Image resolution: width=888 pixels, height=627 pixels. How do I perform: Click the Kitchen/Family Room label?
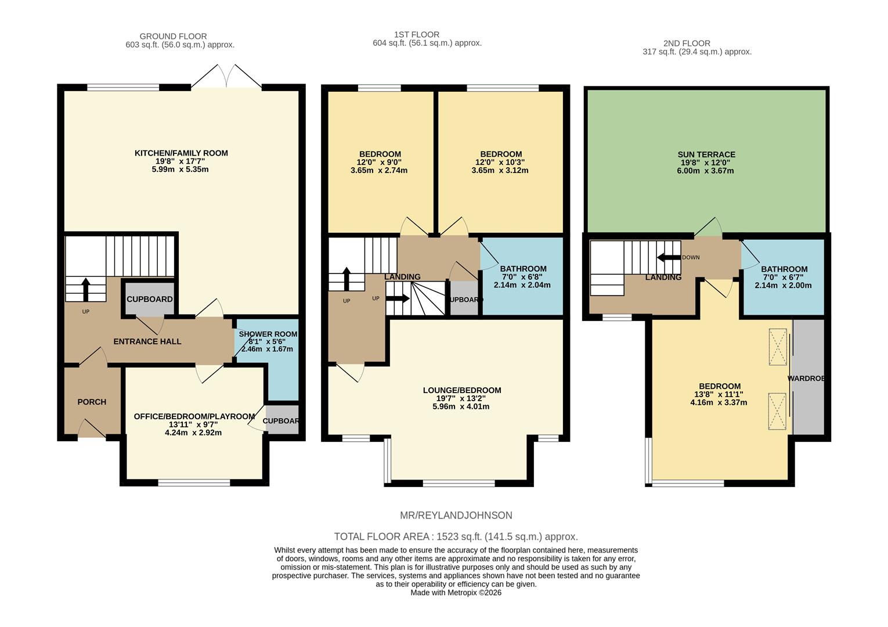click(181, 153)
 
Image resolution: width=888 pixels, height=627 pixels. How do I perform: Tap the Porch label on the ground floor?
click(92, 402)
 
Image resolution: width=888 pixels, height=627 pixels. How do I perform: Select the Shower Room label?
click(268, 334)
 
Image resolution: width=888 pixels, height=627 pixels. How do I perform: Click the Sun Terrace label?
click(706, 154)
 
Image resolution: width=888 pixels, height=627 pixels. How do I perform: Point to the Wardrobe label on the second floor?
click(806, 379)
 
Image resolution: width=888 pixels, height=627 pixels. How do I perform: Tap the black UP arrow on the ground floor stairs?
click(86, 289)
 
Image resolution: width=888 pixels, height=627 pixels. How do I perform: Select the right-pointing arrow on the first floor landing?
click(398, 299)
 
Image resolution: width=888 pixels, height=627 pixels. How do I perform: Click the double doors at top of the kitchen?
click(227, 77)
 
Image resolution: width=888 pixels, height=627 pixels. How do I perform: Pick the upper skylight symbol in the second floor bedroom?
click(778, 347)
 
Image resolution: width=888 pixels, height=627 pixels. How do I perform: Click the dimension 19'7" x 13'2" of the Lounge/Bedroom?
click(461, 398)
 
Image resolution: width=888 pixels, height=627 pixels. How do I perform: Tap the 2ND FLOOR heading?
click(687, 43)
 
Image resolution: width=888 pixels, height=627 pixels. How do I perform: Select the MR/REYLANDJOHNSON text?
click(456, 516)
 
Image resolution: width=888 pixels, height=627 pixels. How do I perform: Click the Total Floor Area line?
click(456, 536)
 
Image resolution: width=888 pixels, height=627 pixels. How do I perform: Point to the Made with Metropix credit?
click(456, 593)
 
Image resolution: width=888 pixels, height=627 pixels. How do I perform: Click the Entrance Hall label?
click(147, 341)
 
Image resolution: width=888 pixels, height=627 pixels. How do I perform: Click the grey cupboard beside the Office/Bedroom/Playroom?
click(282, 421)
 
